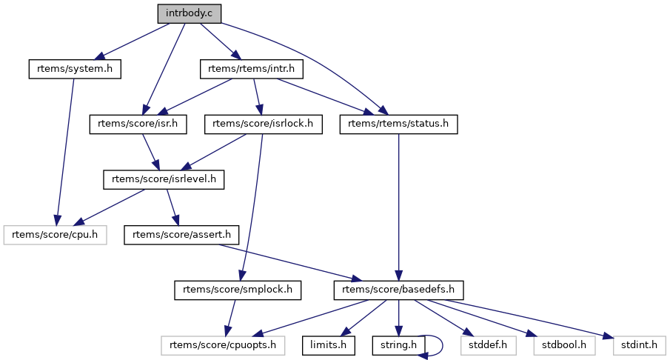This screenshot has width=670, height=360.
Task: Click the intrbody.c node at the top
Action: coord(189,13)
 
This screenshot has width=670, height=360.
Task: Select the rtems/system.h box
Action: coord(74,69)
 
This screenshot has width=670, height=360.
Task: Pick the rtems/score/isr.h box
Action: coord(138,124)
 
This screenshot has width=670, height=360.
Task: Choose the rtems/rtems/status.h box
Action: coord(399,124)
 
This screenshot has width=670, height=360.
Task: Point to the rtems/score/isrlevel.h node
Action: coord(164,179)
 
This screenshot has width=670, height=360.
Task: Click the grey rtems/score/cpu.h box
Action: coord(56,235)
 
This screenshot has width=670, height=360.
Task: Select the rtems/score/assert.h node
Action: coord(181,235)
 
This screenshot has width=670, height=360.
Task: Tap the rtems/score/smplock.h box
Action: coord(238,290)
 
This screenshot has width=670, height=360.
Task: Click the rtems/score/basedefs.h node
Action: coord(399,290)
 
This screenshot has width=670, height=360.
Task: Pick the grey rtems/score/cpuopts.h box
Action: coord(223,345)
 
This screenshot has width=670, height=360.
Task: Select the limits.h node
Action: coord(329,345)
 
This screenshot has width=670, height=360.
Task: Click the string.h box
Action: coord(398,345)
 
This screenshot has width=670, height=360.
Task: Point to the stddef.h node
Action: coord(480,345)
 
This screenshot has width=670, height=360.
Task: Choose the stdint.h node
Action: coord(639,345)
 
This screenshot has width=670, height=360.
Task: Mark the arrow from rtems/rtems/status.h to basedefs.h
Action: coord(399,207)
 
